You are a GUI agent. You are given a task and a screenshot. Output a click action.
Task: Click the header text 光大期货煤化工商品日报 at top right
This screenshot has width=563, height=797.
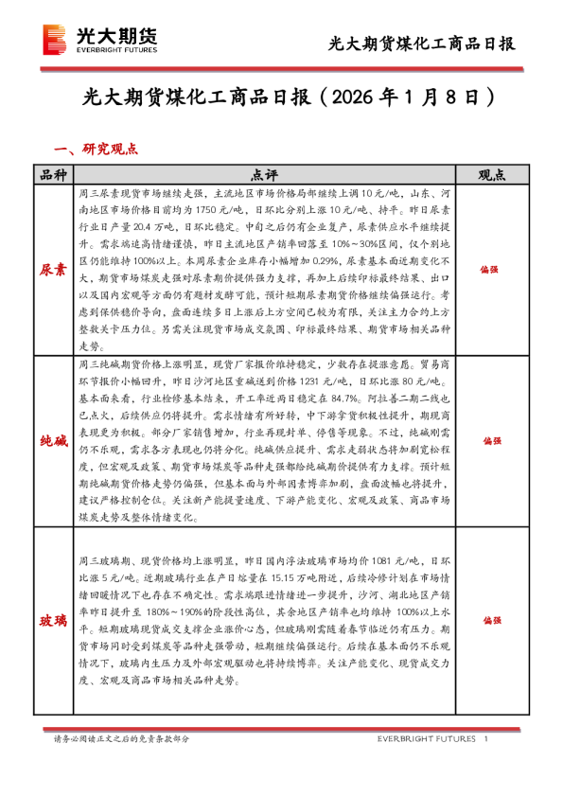click(x=421, y=44)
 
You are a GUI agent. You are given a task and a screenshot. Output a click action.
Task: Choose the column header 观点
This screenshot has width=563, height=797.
click(x=489, y=175)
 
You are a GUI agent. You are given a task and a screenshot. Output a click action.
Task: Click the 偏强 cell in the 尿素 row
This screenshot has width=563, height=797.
click(x=489, y=269)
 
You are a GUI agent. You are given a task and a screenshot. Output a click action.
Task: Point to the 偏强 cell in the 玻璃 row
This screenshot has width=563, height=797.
click(x=489, y=620)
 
